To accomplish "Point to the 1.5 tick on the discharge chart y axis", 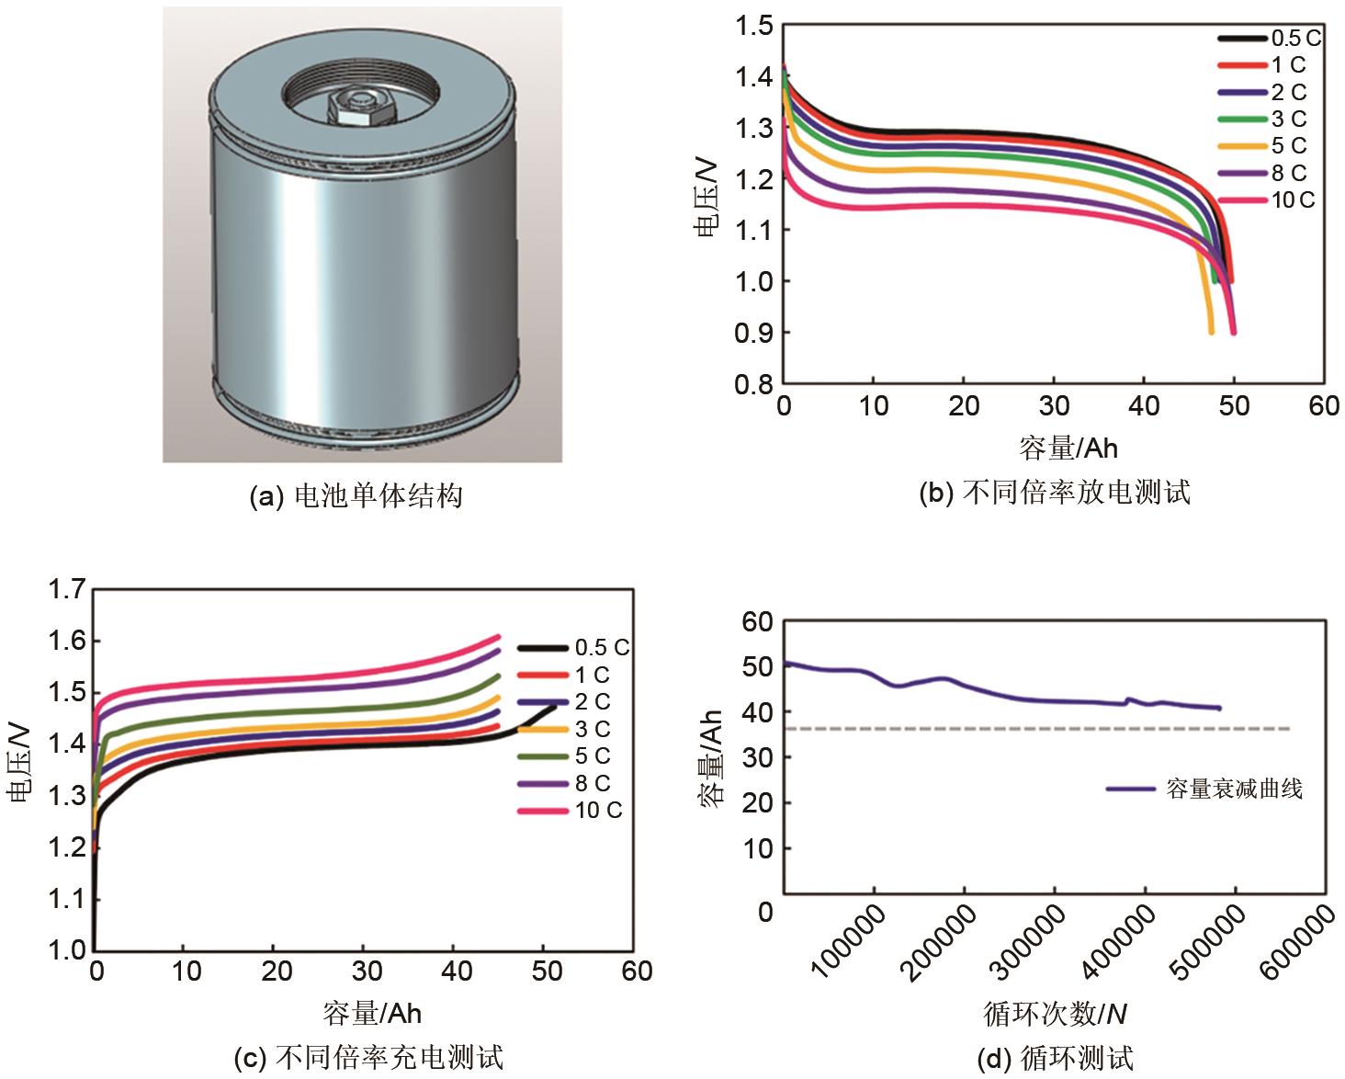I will tap(753, 27).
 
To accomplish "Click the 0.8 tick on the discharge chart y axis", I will tap(753, 383).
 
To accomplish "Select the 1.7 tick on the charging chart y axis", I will tap(67, 588).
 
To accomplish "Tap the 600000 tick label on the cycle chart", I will tap(1296, 942).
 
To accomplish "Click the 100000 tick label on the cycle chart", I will tap(849, 942).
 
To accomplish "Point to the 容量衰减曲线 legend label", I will tap(1234, 789).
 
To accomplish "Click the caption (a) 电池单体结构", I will tap(356, 497).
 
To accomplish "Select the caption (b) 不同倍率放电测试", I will tap(1055, 494).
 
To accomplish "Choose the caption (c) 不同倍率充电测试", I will tap(369, 1058).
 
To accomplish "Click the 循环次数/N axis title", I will tap(1055, 1014).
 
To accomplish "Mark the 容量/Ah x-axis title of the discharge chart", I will tap(1068, 448).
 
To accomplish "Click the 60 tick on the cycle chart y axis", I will tap(758, 622).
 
